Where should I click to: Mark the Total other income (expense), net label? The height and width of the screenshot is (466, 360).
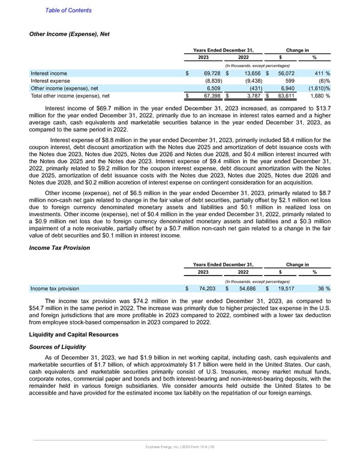(70, 94)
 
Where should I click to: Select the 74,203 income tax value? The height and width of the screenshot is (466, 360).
(208, 288)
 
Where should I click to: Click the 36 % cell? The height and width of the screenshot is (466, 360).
(324, 288)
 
